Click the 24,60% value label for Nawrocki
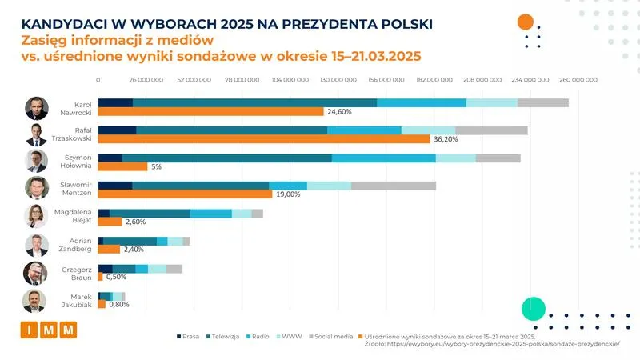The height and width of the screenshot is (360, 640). pos(339,112)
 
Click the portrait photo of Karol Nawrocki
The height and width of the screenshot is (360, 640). pos(37,108)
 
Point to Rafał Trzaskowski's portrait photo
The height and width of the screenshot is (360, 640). pos(37,135)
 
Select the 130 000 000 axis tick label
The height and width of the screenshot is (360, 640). pos(338,80)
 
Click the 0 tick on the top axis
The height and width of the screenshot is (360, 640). pos(98,80)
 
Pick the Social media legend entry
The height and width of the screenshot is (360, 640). pos(330,337)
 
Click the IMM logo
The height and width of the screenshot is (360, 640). pos(48,330)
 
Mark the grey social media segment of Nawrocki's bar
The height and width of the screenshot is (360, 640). pos(542,102)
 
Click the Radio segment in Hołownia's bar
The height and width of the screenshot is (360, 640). pos(383,158)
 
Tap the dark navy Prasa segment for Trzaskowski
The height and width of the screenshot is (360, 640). pos(117,130)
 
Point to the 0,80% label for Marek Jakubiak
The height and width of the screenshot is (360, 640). pos(118,304)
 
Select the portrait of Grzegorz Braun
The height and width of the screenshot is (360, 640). pos(37,273)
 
